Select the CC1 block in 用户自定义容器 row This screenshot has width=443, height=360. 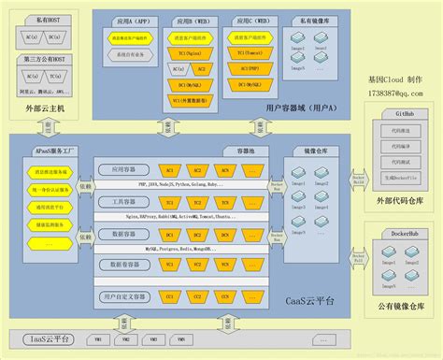point(170,296)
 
